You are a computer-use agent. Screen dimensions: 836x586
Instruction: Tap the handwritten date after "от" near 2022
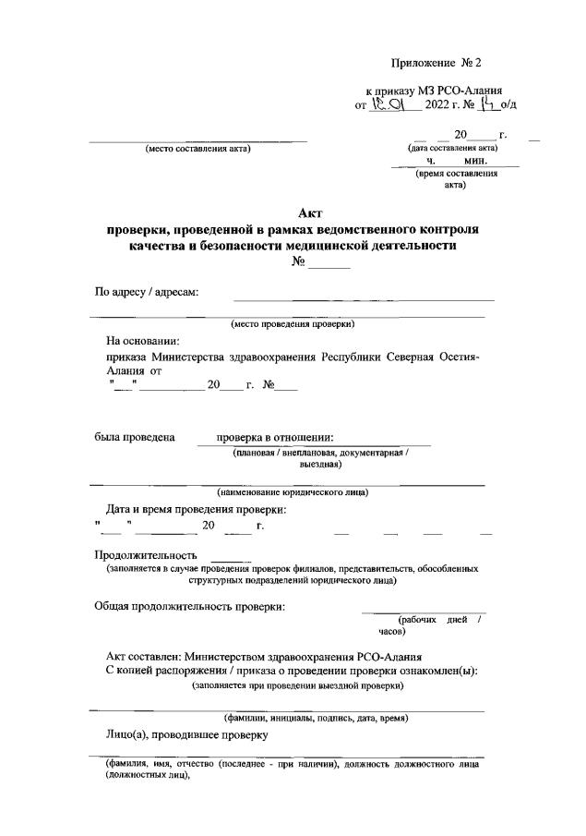click(391, 104)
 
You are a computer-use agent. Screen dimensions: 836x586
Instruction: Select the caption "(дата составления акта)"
click(452, 148)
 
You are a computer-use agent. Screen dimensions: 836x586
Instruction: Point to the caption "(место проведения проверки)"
click(293, 323)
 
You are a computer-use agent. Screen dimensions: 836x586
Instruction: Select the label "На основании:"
click(144, 341)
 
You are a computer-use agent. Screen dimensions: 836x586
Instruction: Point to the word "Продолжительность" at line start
click(147, 555)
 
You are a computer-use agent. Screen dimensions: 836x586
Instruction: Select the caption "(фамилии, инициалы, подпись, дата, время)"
click(317, 718)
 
